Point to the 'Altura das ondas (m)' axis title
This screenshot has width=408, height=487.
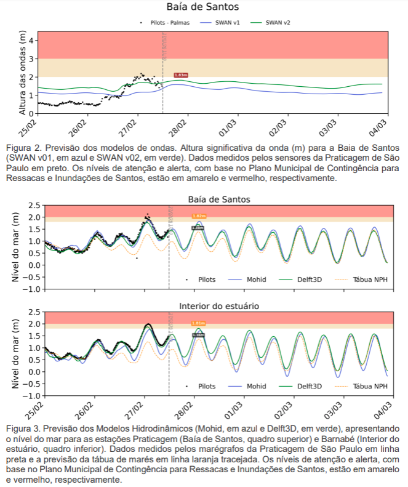pyautogui.click(x=23, y=74)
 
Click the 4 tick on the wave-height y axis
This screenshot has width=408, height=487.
pyautogui.click(x=31, y=41)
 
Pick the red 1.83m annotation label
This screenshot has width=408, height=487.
pyautogui.click(x=181, y=75)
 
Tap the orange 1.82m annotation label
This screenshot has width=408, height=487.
pyautogui.click(x=199, y=216)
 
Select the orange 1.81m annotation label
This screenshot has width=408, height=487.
pyautogui.click(x=198, y=323)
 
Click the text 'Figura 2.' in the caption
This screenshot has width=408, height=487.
pyautogui.click(x=22, y=148)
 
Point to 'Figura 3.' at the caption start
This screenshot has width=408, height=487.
pyautogui.click(x=22, y=427)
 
